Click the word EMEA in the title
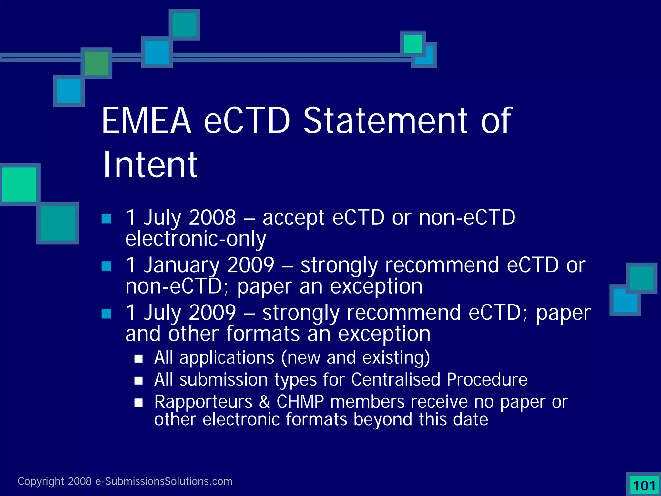pos(146,121)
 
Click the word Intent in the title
pos(149,165)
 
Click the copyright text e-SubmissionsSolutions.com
pos(163,481)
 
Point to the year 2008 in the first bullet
pos(212,217)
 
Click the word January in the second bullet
pos(182,265)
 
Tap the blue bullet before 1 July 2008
pos(107,219)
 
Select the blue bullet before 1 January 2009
pos(107,266)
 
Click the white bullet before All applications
pos(139,359)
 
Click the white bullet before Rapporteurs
pos(139,403)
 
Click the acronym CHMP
pos(300,402)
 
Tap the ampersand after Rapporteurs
pos(265,402)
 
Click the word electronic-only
pos(196,239)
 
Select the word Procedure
pos(487,379)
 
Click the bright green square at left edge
pos(19,185)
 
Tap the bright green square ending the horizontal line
pos(413,44)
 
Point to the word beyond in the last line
pos(383,419)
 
